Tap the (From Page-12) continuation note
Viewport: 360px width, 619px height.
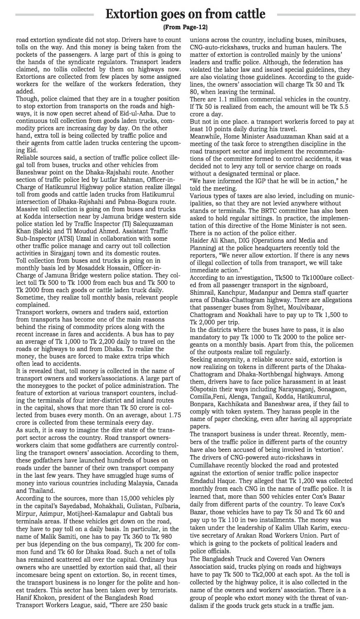185,28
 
